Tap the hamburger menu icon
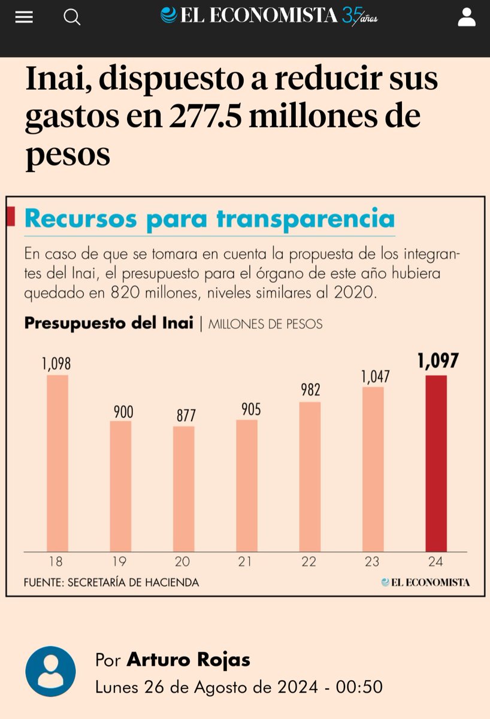(x=24, y=17)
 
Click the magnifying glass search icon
(x=72, y=17)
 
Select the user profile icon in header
(x=466, y=17)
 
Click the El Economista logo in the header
(x=270, y=16)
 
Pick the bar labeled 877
(x=183, y=488)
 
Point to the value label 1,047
(x=375, y=377)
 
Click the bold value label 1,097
(x=437, y=361)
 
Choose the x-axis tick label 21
(x=246, y=562)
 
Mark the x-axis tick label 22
(x=309, y=562)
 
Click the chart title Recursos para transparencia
(x=210, y=219)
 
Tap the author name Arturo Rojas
(x=188, y=660)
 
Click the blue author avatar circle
(x=50, y=672)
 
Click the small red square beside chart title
(x=10, y=217)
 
